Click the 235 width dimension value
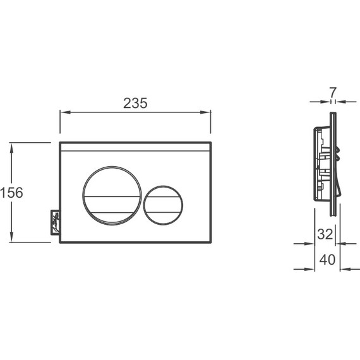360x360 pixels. click(135, 104)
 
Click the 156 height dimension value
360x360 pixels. click(11, 193)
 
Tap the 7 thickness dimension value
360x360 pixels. click(333, 92)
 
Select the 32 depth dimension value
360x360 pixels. click(325, 234)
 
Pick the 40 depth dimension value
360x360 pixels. click(328, 260)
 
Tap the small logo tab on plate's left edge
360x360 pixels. click(56, 222)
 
